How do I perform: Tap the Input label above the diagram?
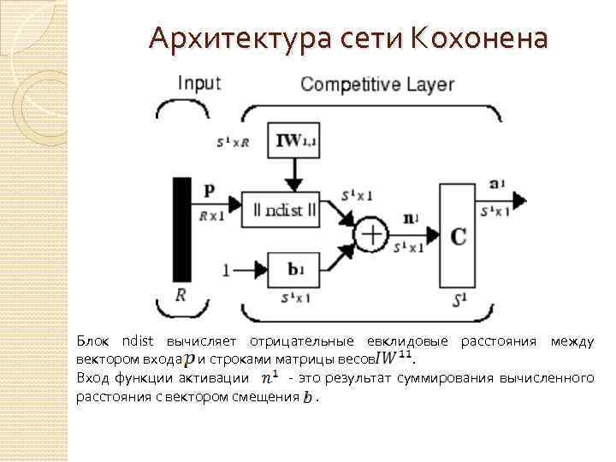[x=198, y=83]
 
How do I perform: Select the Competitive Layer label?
[x=377, y=84]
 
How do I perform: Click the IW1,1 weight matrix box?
[x=295, y=142]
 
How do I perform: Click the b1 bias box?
[x=294, y=269]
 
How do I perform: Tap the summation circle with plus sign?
[x=371, y=234]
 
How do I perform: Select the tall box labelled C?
[x=458, y=235]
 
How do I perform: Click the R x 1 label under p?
[x=211, y=216]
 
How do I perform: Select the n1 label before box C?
[x=412, y=219]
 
